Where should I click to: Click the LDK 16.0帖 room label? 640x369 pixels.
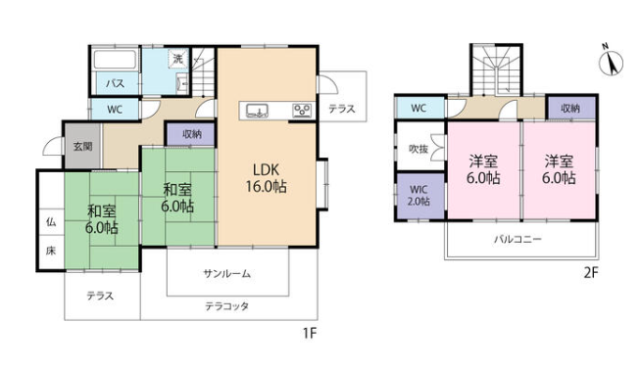267,178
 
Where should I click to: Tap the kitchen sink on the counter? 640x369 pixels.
257,111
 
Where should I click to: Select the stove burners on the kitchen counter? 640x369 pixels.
303,111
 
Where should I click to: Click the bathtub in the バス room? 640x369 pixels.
115,60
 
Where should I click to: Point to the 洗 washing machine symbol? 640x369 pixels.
178,59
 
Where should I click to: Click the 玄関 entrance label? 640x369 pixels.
83,146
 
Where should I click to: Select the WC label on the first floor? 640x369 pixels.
115,110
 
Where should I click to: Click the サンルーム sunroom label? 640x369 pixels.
226,274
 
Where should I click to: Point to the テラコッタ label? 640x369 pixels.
226,305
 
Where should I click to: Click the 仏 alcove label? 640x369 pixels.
51,222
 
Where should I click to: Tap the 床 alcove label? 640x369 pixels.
51,251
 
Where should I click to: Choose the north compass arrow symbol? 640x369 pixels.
611,63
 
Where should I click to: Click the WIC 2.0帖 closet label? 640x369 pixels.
419,196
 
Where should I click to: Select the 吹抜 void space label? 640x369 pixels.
418,149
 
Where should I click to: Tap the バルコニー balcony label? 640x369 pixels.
517,239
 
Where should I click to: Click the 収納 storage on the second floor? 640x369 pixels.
570,108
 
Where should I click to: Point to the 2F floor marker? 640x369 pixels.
591,272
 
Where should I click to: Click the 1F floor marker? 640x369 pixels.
310,334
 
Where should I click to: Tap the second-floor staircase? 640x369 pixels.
496,69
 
